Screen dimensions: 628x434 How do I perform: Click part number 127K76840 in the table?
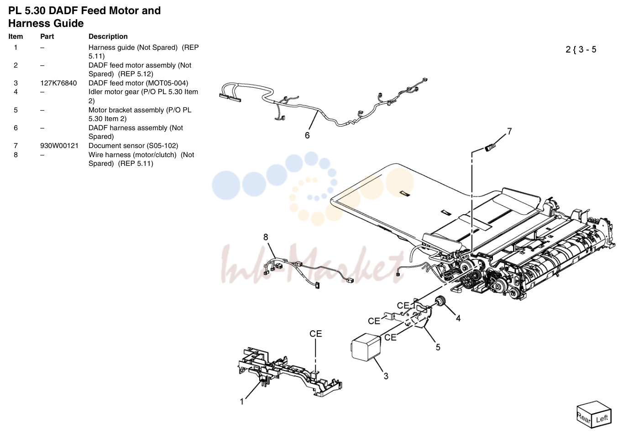pos(58,83)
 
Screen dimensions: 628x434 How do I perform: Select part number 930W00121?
pos(59,146)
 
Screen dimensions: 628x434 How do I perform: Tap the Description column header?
pos(108,37)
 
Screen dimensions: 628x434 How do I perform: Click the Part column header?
pos(47,37)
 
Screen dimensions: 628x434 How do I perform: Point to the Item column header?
pos(16,37)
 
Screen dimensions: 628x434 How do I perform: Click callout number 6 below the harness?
pos(307,136)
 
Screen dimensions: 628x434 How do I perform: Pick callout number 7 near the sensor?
pos(509,131)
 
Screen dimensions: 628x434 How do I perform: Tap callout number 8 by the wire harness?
pos(266,238)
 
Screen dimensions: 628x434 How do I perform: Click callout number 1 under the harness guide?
pos(242,402)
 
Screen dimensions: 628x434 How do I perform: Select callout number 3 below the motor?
pos(386,376)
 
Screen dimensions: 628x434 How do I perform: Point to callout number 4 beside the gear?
pos(458,318)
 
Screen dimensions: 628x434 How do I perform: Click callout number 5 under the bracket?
pos(438,347)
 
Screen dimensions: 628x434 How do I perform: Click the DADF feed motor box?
pos(366,347)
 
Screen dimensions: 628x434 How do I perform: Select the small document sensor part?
pos(490,147)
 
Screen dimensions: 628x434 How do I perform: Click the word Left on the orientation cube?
pos(602,419)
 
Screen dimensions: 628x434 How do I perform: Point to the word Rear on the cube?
pos(584,418)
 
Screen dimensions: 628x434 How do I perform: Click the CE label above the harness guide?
pos(316,333)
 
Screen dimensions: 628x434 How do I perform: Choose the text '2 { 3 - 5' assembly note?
pos(581,50)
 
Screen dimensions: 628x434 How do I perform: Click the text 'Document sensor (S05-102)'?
pos(133,146)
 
